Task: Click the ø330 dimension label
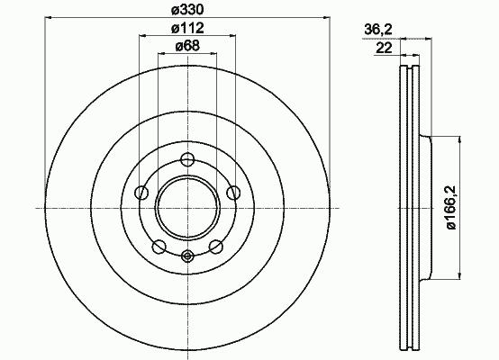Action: pos(187,10)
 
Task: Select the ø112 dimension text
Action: pos(187,28)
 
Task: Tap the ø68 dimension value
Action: pos(187,47)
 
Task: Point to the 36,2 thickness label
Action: pos(378,30)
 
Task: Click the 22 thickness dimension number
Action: pos(384,48)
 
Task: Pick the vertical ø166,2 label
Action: pos(451,207)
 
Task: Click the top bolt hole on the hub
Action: pos(187,159)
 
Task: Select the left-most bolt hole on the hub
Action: pos(141,193)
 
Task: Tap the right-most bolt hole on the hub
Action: pos(233,193)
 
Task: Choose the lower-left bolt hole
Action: pos(159,247)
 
